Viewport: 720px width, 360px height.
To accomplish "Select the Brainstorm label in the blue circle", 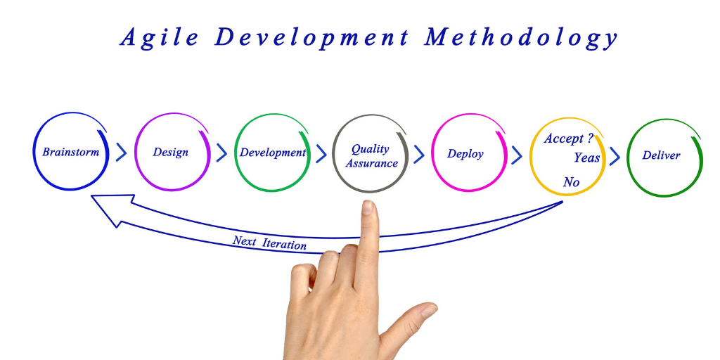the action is coord(71,152).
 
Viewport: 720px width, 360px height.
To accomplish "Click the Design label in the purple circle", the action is coord(170,153).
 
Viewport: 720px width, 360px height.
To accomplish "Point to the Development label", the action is coord(273,153).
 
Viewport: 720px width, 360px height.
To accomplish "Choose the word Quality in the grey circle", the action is coord(370,149).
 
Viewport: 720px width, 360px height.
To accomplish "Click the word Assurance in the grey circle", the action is coord(371,163).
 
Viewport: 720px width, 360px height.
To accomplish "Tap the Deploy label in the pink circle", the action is coord(465,154).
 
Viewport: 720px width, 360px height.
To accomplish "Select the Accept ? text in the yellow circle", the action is coord(568,139).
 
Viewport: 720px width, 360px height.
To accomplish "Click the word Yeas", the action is coord(586,157).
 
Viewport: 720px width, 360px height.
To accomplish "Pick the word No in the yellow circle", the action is coord(571,182).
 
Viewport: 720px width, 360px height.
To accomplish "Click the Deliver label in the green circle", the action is coord(661,155).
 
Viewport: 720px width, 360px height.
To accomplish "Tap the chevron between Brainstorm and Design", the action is coord(121,152).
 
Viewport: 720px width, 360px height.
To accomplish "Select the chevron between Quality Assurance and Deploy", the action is coord(419,154).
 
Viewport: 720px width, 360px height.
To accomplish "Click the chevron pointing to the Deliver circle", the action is coord(615,156).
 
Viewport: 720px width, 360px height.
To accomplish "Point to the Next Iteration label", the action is coord(269,243).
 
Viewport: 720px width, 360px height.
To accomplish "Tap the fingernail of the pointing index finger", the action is coord(367,207).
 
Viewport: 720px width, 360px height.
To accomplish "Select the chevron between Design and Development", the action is coord(221,153).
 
